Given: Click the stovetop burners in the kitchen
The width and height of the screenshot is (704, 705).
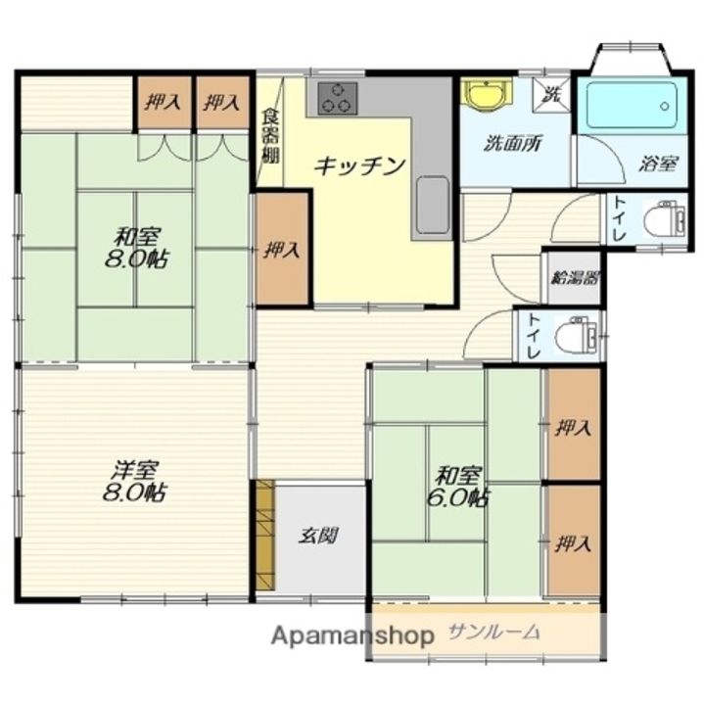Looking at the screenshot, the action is point(338,98).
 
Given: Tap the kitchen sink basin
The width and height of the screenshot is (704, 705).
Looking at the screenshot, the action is point(433,205).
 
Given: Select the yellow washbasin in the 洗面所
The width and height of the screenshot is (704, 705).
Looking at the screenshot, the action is point(488,94).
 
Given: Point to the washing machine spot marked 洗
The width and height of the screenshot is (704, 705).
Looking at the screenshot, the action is point(551,95).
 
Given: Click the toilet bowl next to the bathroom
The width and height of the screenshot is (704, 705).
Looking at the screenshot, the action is point(664,219).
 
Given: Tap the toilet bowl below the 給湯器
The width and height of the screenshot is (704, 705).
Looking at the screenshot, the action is point(577,335).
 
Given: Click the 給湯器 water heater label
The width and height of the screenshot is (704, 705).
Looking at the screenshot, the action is point(575,278).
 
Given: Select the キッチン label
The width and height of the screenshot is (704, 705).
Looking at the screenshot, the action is point(359,166).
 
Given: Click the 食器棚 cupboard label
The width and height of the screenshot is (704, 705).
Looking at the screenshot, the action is point(270,135).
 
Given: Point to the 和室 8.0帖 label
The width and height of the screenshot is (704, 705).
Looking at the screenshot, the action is point(137,248).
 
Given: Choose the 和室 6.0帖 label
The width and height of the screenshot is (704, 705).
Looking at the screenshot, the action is point(458,487).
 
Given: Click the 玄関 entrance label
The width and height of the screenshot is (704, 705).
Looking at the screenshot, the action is point(318,535).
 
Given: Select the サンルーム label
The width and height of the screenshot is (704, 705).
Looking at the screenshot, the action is point(494,633).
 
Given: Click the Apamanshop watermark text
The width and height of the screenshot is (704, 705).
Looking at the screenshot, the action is point(352,635).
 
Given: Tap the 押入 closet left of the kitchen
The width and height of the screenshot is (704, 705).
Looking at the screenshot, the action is point(282,250).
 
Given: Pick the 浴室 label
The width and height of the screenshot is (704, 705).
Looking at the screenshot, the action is point(658,164).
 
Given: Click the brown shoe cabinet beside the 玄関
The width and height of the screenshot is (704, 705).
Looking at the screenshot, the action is point(265,535).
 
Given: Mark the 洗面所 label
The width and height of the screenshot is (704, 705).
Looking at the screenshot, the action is point(512,143).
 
